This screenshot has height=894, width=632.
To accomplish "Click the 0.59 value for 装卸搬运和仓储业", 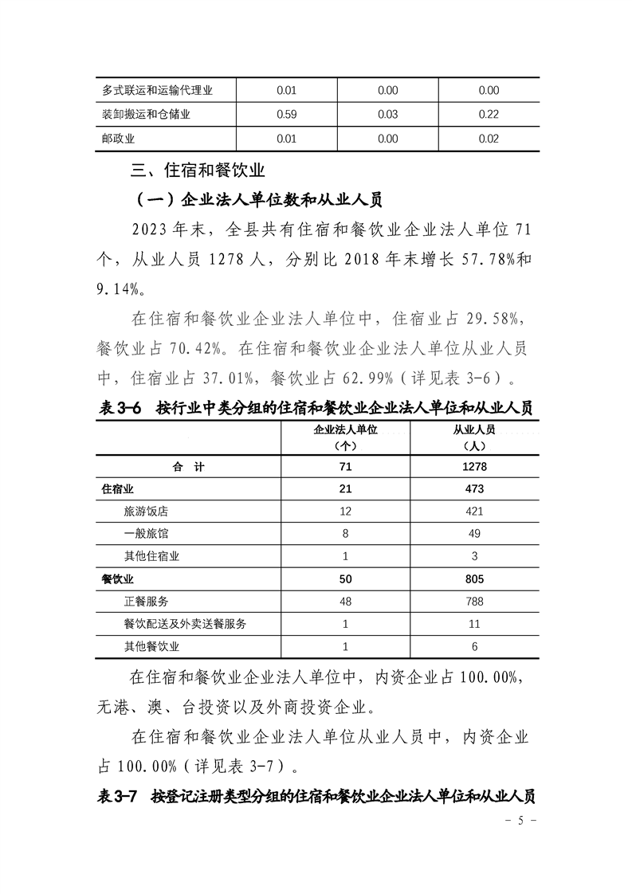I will (x=286, y=115).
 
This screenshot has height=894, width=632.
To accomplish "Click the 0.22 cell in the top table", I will (x=489, y=115).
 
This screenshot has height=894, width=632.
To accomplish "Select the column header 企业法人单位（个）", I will (x=345, y=437).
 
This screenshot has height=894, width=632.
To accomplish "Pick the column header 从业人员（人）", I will (x=474, y=437).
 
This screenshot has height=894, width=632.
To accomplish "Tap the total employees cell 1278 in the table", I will (x=474, y=467).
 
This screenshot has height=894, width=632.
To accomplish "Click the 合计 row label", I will (x=188, y=467).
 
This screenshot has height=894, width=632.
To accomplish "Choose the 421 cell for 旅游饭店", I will (x=474, y=512).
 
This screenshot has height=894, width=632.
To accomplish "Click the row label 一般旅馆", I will (x=146, y=534).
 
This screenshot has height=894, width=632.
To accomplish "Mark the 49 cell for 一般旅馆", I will (x=474, y=534).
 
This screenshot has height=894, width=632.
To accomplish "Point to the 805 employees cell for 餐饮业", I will (x=474, y=579).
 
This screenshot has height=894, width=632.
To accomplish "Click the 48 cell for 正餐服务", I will (x=345, y=602).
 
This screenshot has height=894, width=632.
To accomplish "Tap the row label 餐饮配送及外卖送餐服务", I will (x=185, y=624).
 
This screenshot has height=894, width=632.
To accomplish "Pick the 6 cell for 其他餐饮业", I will (x=474, y=646).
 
